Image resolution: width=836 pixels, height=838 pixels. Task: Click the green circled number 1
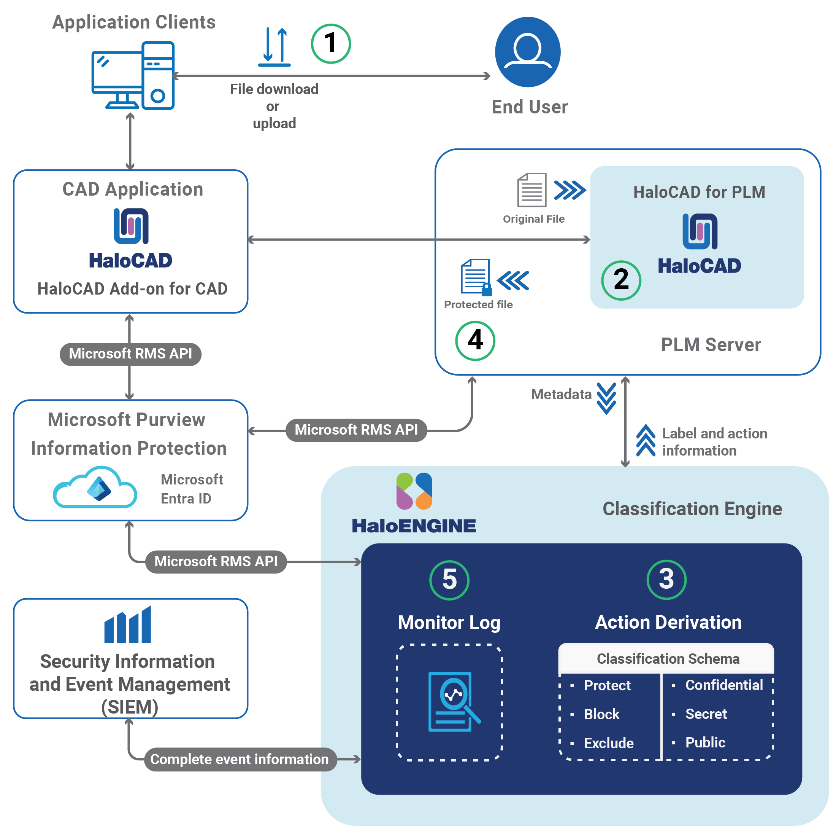pyautogui.click(x=331, y=43)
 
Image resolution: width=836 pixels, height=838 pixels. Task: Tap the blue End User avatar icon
pyautogui.click(x=527, y=52)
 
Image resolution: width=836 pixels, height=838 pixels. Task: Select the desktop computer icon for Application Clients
pyautogui.click(x=133, y=75)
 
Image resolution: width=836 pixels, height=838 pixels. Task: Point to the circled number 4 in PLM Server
pyautogui.click(x=475, y=341)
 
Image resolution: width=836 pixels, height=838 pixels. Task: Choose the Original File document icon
pyautogui.click(x=531, y=190)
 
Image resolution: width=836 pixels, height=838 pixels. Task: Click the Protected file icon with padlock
pyautogui.click(x=476, y=277)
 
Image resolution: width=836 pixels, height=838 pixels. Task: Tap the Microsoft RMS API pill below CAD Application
pyautogui.click(x=130, y=354)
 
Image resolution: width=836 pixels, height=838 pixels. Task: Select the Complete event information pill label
pyautogui.click(x=240, y=759)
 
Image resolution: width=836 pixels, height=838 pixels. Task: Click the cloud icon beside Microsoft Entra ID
pyautogui.click(x=95, y=488)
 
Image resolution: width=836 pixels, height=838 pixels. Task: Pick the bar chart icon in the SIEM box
pyautogui.click(x=127, y=625)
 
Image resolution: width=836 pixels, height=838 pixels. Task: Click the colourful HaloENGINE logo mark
pyautogui.click(x=414, y=491)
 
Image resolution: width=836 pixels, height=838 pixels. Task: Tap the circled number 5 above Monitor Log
pyautogui.click(x=449, y=580)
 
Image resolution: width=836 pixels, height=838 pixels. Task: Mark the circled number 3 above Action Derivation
pyautogui.click(x=666, y=579)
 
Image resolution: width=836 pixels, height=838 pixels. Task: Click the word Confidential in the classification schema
pyautogui.click(x=724, y=685)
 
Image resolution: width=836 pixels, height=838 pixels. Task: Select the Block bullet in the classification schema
pyautogui.click(x=601, y=714)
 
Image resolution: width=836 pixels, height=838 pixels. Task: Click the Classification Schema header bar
pyautogui.click(x=668, y=659)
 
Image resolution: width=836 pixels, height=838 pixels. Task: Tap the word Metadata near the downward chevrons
pyautogui.click(x=561, y=394)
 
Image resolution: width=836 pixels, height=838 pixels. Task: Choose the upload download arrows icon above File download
pyautogui.click(x=274, y=47)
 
